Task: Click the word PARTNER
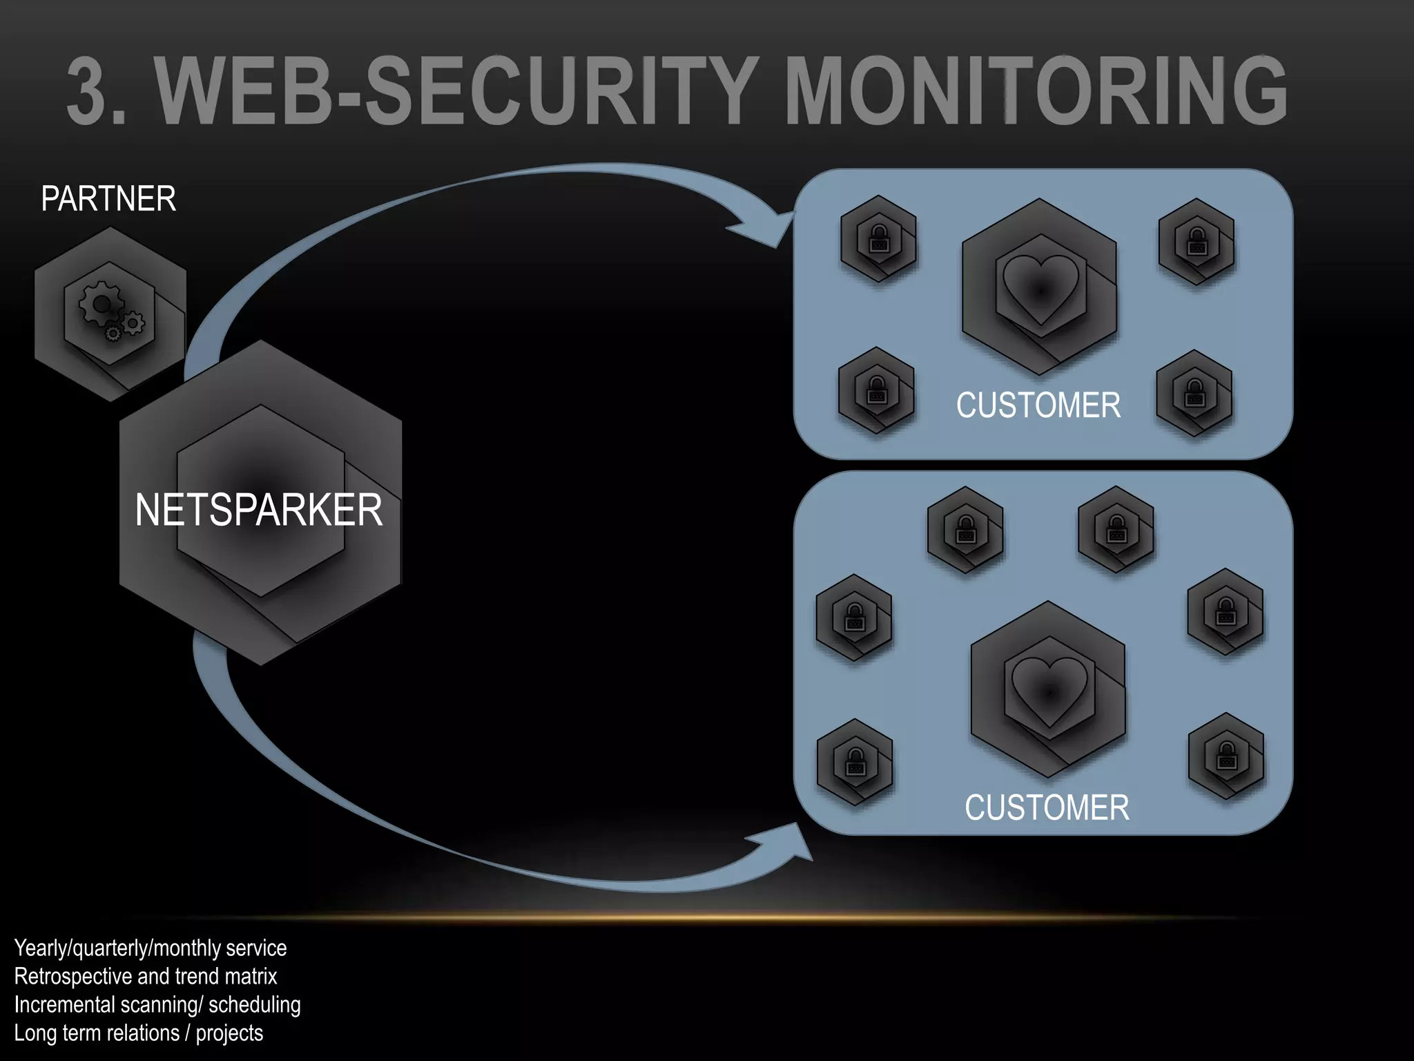108,199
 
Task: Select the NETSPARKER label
258,510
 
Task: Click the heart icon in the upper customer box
1040,288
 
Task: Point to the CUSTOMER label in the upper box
1038,405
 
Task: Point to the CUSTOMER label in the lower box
1047,807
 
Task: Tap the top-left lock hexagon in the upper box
878,238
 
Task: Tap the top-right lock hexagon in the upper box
1196,242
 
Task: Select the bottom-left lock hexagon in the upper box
875,390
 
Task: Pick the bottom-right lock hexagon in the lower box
1226,756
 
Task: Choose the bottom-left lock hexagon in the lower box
855,762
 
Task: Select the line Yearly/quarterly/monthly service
150,948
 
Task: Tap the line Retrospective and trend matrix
145,976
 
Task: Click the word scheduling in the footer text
254,1004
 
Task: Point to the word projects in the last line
229,1033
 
